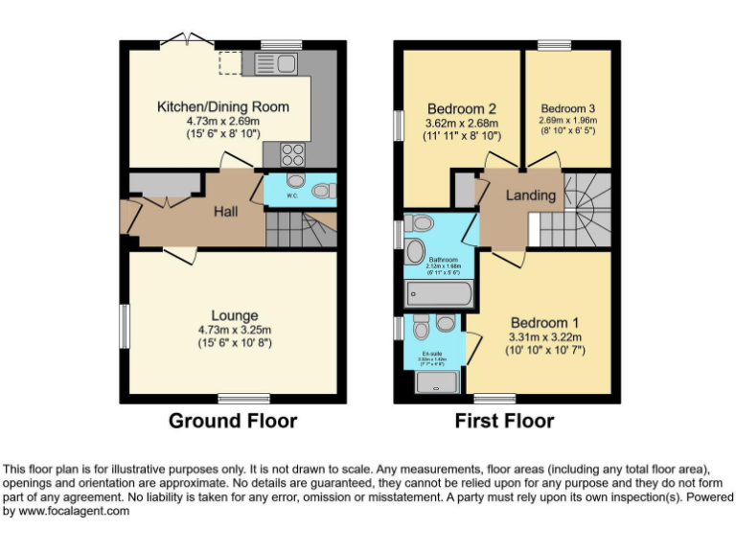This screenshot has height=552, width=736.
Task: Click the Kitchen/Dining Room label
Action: click(x=222, y=106)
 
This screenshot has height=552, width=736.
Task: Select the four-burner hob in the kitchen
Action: click(x=290, y=153)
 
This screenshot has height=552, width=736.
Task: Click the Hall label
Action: click(x=227, y=212)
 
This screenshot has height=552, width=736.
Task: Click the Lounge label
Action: click(x=235, y=315)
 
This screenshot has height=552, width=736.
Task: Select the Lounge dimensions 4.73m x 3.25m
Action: click(x=235, y=330)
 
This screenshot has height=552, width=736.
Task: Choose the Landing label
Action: click(x=531, y=195)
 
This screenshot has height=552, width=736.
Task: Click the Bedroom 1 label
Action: click(x=543, y=322)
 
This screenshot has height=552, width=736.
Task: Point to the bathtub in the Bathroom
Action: click(x=440, y=292)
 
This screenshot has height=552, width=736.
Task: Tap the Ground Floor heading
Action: click(x=233, y=421)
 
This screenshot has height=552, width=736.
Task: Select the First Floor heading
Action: click(x=504, y=421)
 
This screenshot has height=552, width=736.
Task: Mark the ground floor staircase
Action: click(x=299, y=227)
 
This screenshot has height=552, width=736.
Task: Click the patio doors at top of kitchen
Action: click(x=186, y=41)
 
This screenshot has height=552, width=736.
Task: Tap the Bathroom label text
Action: click(x=443, y=260)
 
